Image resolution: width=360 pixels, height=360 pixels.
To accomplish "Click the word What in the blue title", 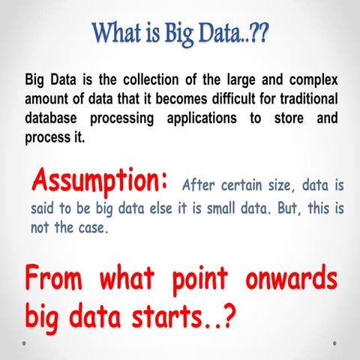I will click(120, 34).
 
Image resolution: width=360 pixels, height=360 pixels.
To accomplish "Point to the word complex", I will click(312, 80).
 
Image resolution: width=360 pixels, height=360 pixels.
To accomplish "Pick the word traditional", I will click(301, 100).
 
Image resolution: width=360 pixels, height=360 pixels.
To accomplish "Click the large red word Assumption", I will click(99, 181).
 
